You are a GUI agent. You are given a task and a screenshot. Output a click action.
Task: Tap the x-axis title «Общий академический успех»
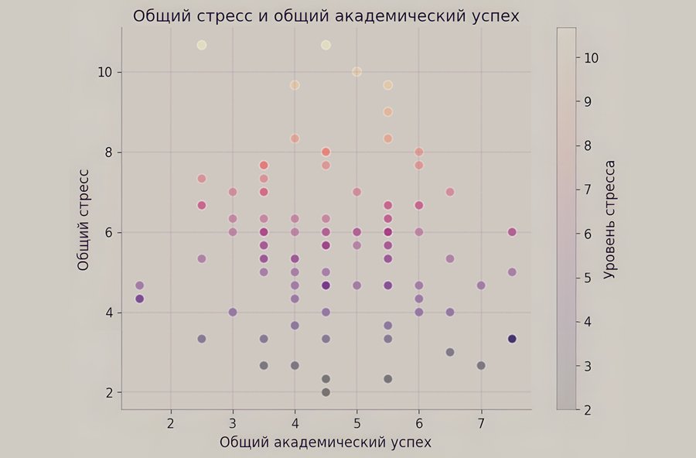pos(325,442)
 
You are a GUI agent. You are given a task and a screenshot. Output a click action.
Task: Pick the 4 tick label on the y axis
pos(110,313)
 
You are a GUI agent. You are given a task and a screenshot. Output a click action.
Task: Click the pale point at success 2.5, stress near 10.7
pos(202,45)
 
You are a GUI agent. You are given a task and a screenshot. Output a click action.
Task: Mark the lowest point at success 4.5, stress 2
pos(326,392)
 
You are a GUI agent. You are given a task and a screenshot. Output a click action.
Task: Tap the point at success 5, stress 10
pos(357,72)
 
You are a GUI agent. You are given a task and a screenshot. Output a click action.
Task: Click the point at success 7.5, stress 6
pos(512,232)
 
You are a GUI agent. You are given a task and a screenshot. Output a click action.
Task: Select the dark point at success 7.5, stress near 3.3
pos(512,339)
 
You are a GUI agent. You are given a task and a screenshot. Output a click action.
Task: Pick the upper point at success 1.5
pos(139,286)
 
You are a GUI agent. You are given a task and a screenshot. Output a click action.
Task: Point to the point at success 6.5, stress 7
pos(450,192)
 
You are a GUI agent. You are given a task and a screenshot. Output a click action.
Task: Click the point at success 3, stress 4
pos(233,312)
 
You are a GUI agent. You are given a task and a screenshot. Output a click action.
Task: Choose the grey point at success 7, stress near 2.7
pos(481,365)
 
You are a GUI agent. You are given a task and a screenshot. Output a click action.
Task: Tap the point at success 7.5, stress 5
pos(512,272)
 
